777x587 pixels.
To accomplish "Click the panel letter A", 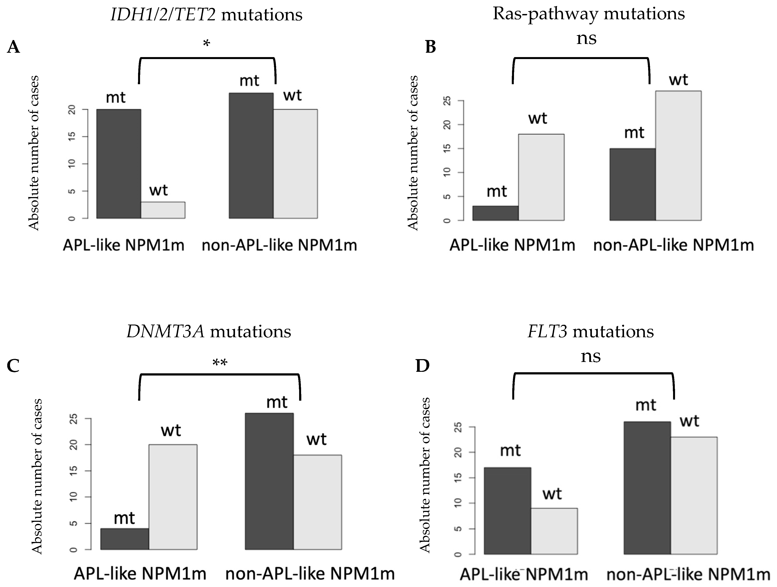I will coord(13,47).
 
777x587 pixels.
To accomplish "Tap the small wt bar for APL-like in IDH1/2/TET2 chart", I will coord(163,210).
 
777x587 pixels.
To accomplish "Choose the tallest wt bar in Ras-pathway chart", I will coord(678,155).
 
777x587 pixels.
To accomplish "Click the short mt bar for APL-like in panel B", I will coord(495,213).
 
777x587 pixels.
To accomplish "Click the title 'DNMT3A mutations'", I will coord(209,331).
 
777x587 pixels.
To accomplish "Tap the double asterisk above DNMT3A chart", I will coord(220,363).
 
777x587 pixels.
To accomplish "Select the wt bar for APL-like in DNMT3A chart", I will coord(173,497).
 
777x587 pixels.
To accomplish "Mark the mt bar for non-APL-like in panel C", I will coord(269,482).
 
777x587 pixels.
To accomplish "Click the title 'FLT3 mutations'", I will coord(591,331).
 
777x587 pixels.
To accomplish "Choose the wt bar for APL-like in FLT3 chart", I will coord(554,531).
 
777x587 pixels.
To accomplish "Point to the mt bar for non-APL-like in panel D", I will coord(647,488).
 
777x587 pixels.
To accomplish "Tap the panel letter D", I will coord(423,366).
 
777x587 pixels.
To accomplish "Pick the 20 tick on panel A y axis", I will coord(72,110).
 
